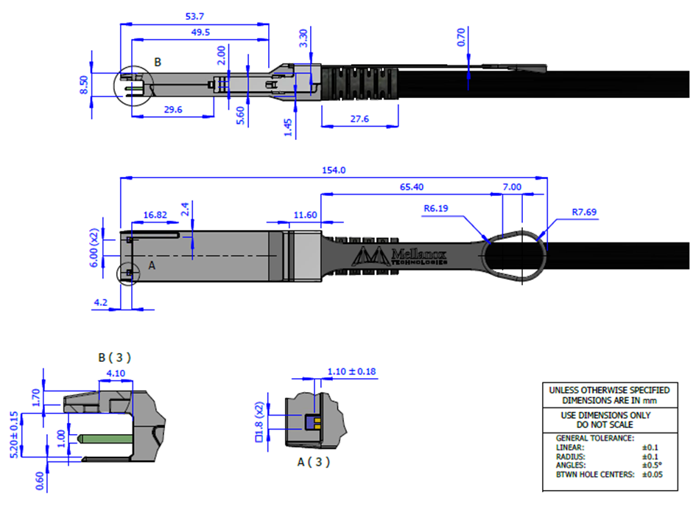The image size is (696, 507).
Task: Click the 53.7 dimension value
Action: [194, 16]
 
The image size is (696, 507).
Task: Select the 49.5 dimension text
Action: [200, 32]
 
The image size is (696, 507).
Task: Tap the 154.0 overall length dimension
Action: [334, 170]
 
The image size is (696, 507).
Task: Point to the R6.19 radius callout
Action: [436, 209]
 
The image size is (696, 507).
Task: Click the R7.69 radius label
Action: [584, 212]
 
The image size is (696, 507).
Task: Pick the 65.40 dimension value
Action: [412, 187]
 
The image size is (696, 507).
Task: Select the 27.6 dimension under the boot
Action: [359, 119]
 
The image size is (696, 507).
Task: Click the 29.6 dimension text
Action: [173, 110]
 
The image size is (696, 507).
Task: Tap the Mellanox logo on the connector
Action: [399, 256]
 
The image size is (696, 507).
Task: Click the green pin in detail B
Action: [105, 439]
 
